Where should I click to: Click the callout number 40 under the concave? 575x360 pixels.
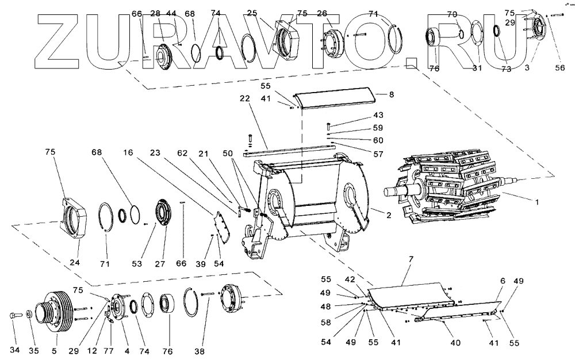pos(455,343)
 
